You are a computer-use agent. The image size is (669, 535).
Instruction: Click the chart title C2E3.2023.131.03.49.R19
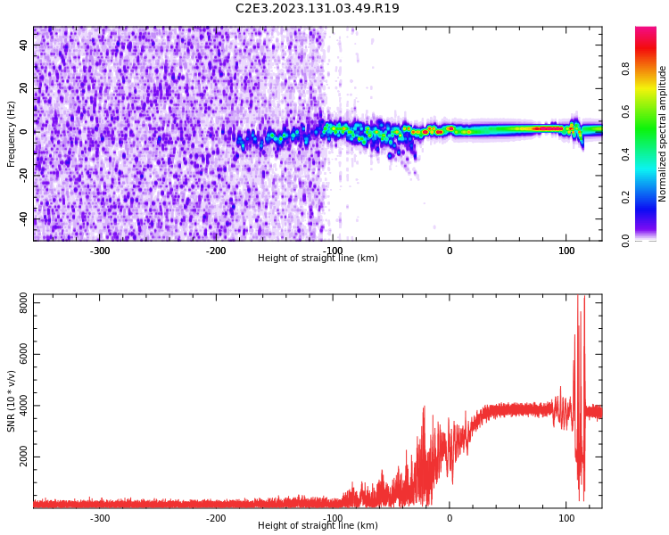click(x=318, y=9)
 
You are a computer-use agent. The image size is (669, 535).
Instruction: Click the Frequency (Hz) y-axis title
click(x=12, y=134)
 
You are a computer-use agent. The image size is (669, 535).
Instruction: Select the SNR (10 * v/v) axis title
click(x=12, y=400)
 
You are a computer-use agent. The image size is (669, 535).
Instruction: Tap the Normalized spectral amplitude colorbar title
click(x=663, y=134)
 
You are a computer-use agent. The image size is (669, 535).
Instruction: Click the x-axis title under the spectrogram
click(x=318, y=259)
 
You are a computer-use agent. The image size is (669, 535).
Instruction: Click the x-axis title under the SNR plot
click(x=318, y=526)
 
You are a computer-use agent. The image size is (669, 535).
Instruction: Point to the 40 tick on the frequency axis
click(x=24, y=45)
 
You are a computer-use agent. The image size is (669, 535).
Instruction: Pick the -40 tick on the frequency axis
click(x=24, y=219)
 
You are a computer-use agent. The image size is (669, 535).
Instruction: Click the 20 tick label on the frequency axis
click(x=24, y=88)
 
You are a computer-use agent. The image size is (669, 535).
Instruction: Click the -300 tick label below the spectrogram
click(x=100, y=251)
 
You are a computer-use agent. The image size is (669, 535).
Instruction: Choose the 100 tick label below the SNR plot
click(x=566, y=518)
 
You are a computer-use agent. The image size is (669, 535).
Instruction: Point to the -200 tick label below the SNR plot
click(x=216, y=518)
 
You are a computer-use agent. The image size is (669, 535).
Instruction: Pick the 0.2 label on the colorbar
click(x=625, y=197)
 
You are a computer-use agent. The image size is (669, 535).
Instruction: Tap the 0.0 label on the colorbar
click(x=625, y=240)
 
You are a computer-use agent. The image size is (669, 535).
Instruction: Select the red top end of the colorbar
click(x=646, y=32)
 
